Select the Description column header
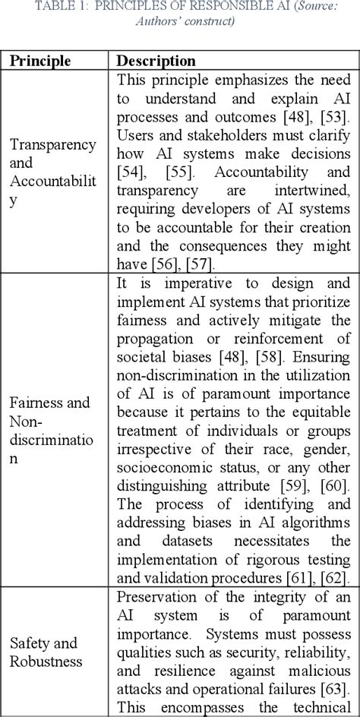tap(156, 60)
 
